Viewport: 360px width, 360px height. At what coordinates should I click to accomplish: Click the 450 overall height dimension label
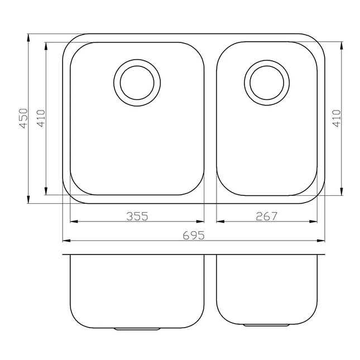coord(23,119)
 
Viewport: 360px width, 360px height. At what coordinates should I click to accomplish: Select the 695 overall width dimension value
coord(193,236)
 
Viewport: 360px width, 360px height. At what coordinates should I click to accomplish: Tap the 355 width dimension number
coord(137,217)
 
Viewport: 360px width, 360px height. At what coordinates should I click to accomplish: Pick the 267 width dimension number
coord(266,217)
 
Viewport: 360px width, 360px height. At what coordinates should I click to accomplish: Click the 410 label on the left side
coord(40,119)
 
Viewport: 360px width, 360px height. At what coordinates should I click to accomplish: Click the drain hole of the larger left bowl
coord(137,80)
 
